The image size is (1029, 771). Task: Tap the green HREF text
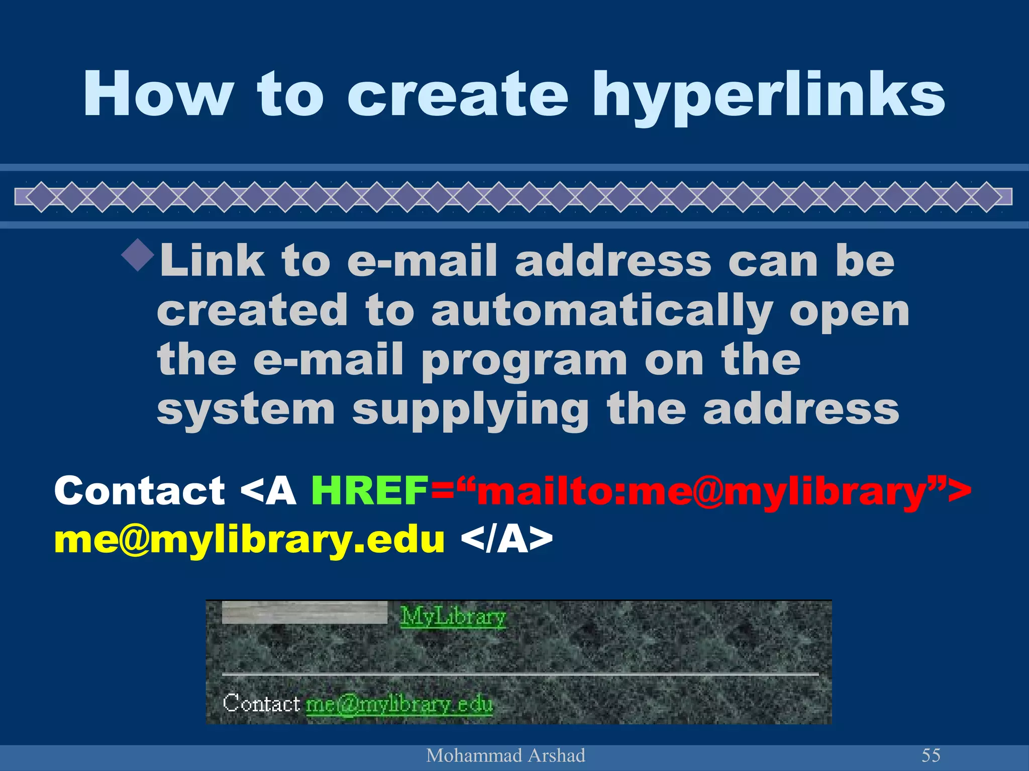pyautogui.click(x=369, y=490)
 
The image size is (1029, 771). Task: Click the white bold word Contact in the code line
pyautogui.click(x=139, y=490)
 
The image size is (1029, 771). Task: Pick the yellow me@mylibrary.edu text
pyautogui.click(x=249, y=540)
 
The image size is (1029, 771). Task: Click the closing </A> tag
pyautogui.click(x=506, y=540)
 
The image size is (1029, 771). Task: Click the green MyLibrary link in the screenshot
pyautogui.click(x=453, y=616)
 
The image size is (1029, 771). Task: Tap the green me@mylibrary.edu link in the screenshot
pyautogui.click(x=399, y=704)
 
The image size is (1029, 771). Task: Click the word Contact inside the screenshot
pyautogui.click(x=261, y=703)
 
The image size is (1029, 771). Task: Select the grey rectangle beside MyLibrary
pyautogui.click(x=304, y=612)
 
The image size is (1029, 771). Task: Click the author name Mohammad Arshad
pyautogui.click(x=505, y=755)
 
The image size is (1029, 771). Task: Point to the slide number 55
pyautogui.click(x=931, y=755)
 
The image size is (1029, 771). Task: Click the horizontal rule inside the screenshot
pyautogui.click(x=520, y=674)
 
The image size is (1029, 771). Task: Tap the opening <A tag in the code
pyautogui.click(x=268, y=490)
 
